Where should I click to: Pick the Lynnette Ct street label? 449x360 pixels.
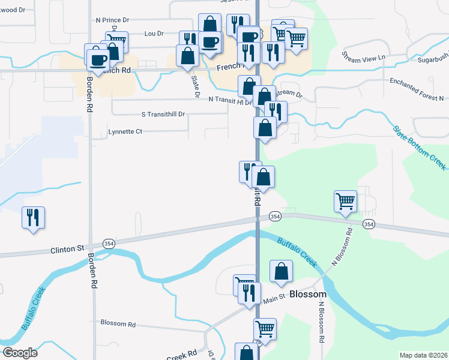point(125,131)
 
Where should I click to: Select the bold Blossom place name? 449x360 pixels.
point(307,295)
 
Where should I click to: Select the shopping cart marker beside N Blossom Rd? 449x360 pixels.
point(346,202)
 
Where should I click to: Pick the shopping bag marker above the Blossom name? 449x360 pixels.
point(281,271)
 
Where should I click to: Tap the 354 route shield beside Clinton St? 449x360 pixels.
point(109,244)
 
